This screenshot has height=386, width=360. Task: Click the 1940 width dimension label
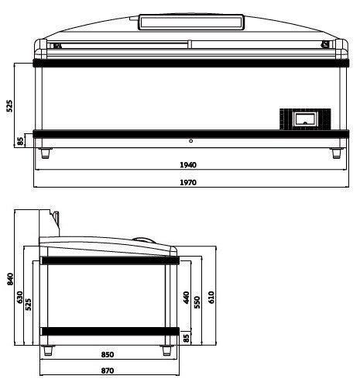click(188, 165)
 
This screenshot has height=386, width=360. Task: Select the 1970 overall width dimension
click(188, 182)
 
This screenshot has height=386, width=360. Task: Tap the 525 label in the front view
click(9, 105)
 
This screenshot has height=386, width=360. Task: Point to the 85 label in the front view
click(20, 141)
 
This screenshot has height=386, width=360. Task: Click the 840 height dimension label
click(10, 279)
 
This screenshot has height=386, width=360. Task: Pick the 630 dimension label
click(19, 298)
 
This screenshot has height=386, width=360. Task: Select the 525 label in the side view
click(29, 305)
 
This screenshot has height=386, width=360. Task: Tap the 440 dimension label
click(186, 298)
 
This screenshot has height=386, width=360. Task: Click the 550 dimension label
click(197, 302)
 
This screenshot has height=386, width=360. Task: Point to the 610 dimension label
click(211, 297)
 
